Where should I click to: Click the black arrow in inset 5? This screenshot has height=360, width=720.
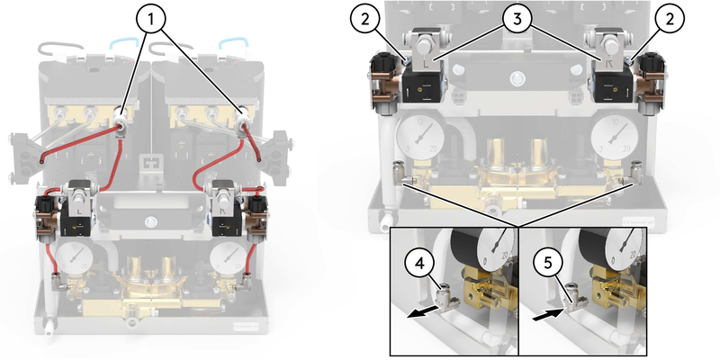coord(545,316)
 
